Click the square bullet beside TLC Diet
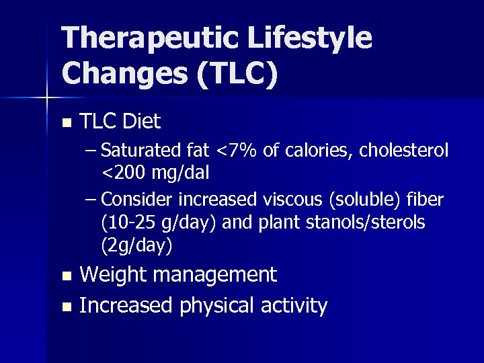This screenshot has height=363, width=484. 65,123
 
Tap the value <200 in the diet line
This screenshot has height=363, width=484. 122,173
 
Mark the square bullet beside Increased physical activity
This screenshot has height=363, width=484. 65,307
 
